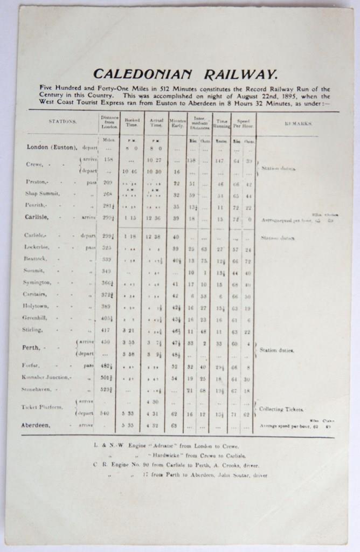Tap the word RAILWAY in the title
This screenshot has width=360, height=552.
(241, 74)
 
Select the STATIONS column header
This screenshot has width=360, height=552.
(63, 122)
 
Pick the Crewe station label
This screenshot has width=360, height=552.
(34, 164)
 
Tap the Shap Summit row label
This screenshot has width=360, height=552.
(43, 193)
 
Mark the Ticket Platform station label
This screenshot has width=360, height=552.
(42, 407)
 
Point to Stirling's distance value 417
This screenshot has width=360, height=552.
(108, 329)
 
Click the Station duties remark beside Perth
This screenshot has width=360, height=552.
(276, 350)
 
